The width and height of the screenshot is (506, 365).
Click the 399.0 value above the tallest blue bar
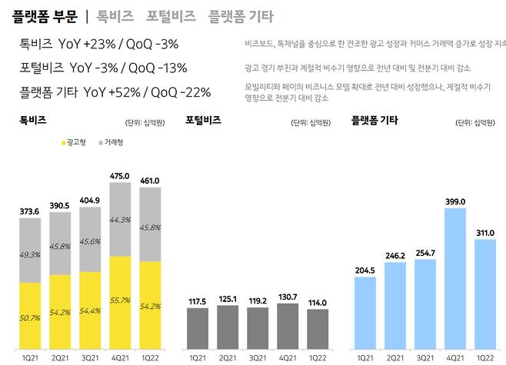click(455, 201)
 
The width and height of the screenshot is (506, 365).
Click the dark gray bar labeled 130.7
click(287, 327)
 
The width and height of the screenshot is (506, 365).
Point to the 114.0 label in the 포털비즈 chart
click(316, 301)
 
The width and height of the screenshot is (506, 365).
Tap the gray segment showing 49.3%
click(30, 254)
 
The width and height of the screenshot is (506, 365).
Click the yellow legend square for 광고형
click(63, 143)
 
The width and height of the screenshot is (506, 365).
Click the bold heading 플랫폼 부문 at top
click(45, 15)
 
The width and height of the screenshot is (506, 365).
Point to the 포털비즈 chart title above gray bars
click(205, 121)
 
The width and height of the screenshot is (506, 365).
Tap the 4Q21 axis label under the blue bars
click(455, 357)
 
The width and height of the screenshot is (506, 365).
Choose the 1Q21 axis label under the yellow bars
click(30, 357)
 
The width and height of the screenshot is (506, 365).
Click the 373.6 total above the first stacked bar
click(30, 211)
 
